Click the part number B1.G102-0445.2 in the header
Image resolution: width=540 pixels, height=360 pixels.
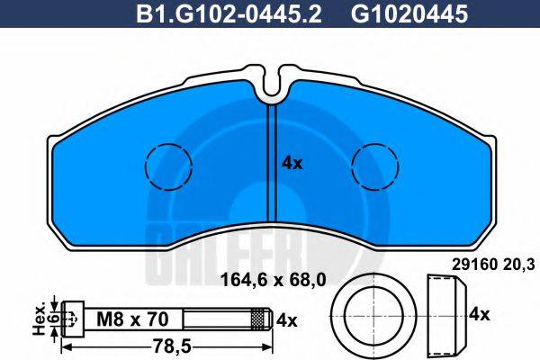pyautogui.click(x=229, y=14)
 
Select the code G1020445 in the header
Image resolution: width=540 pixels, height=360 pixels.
pyautogui.click(x=409, y=14)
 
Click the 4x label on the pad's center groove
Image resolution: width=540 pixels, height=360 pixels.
pyautogui.click(x=292, y=163)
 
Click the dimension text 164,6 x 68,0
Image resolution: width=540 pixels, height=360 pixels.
pyautogui.click(x=273, y=280)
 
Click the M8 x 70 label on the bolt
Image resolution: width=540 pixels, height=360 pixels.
pyautogui.click(x=132, y=319)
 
